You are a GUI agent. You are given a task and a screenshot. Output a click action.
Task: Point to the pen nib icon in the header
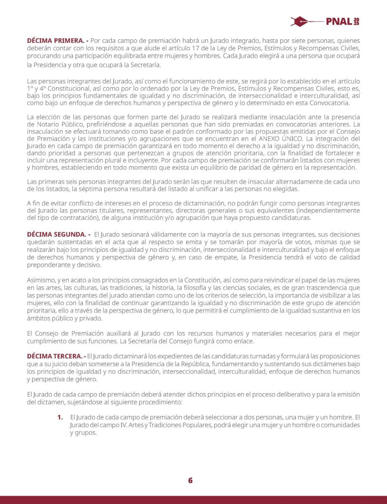pyautogui.click(x=304, y=22)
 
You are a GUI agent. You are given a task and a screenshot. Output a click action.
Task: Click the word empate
pyautogui.click(x=264, y=257)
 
